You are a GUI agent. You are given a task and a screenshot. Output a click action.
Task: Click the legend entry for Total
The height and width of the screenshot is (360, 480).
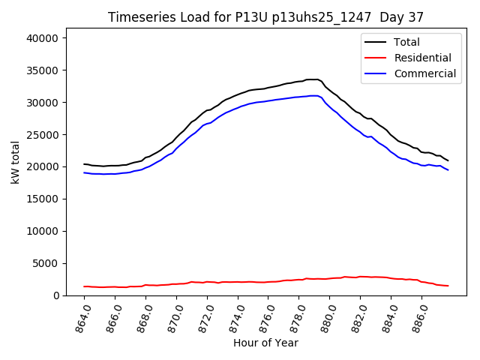[406, 42]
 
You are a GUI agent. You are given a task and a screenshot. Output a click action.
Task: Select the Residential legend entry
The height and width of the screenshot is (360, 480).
[423, 58]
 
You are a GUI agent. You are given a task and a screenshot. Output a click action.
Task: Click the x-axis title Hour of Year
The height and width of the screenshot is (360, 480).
[265, 343]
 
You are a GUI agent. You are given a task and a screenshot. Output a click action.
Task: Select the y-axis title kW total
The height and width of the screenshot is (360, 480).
[16, 163]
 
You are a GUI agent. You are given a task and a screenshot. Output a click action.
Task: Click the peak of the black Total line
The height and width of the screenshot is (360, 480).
[313, 79]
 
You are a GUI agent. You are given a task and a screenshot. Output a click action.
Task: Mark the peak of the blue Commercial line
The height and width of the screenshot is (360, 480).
[313, 95]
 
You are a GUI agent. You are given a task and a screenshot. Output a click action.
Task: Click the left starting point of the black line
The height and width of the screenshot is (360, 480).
[84, 163]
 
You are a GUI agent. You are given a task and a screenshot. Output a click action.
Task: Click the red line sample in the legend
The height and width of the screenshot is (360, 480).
[376, 58]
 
